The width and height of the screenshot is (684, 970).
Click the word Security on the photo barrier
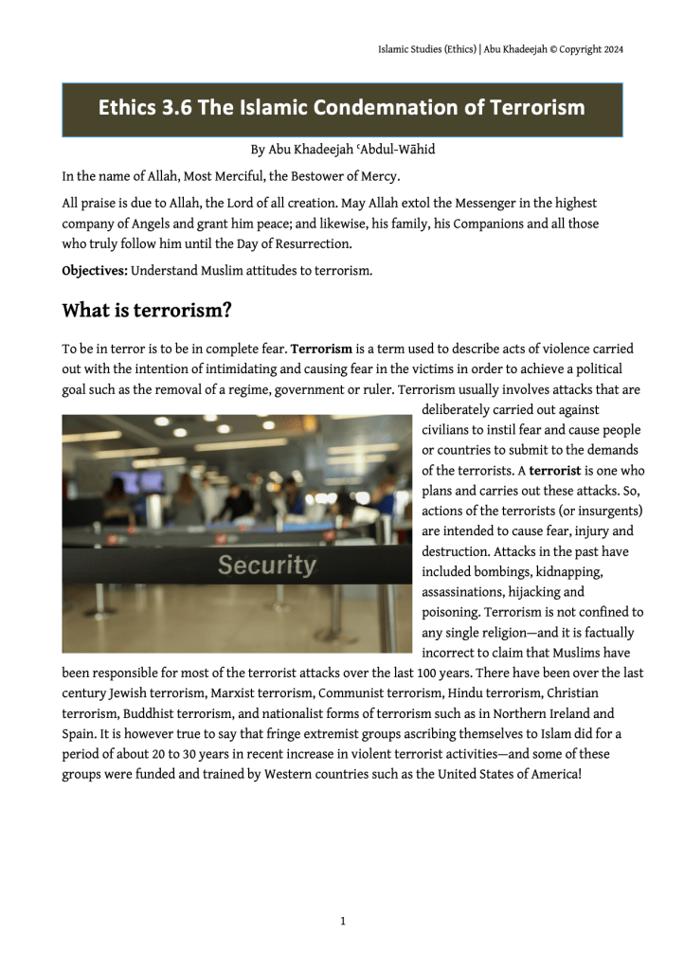(x=266, y=566)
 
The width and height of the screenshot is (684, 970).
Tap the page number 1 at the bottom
(x=342, y=920)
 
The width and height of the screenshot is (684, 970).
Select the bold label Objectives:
(x=95, y=272)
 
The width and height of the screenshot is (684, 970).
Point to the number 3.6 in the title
(x=177, y=108)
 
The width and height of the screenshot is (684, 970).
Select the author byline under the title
(x=342, y=150)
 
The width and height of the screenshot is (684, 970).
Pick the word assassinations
(x=463, y=593)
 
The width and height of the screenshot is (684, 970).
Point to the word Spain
(x=79, y=734)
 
